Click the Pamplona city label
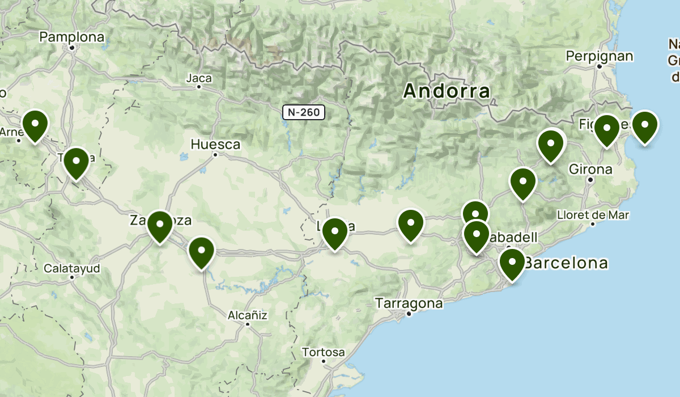(72, 37)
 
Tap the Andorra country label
(447, 91)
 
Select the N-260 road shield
(304, 112)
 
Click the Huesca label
(215, 145)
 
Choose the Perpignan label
(599, 56)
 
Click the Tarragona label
(409, 303)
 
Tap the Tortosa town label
(323, 352)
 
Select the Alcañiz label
(247, 315)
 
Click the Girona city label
(590, 169)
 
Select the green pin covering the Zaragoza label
(160, 225)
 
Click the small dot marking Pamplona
(72, 48)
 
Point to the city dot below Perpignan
(599, 66)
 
